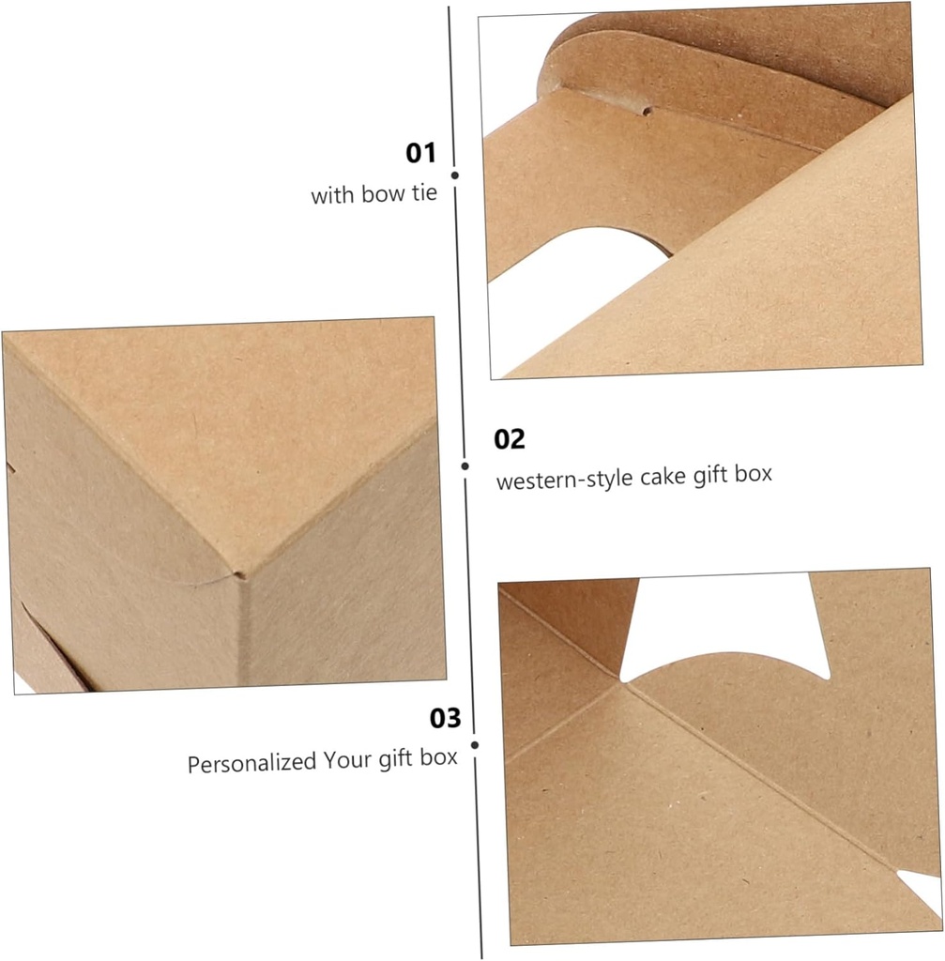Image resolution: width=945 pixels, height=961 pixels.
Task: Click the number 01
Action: (421, 153)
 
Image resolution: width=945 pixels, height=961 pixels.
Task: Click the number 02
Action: (510, 439)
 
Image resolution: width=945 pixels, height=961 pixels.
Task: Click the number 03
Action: (446, 719)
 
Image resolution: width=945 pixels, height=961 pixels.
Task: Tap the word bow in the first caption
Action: (380, 196)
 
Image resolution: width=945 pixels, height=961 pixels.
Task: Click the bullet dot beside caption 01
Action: (454, 175)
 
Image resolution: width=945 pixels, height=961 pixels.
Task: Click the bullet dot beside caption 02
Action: (464, 465)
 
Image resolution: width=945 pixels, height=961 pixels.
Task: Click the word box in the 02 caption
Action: (754, 473)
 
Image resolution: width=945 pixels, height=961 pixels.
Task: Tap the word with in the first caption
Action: (330, 197)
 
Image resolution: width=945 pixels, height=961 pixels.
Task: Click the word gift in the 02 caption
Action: (705, 475)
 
